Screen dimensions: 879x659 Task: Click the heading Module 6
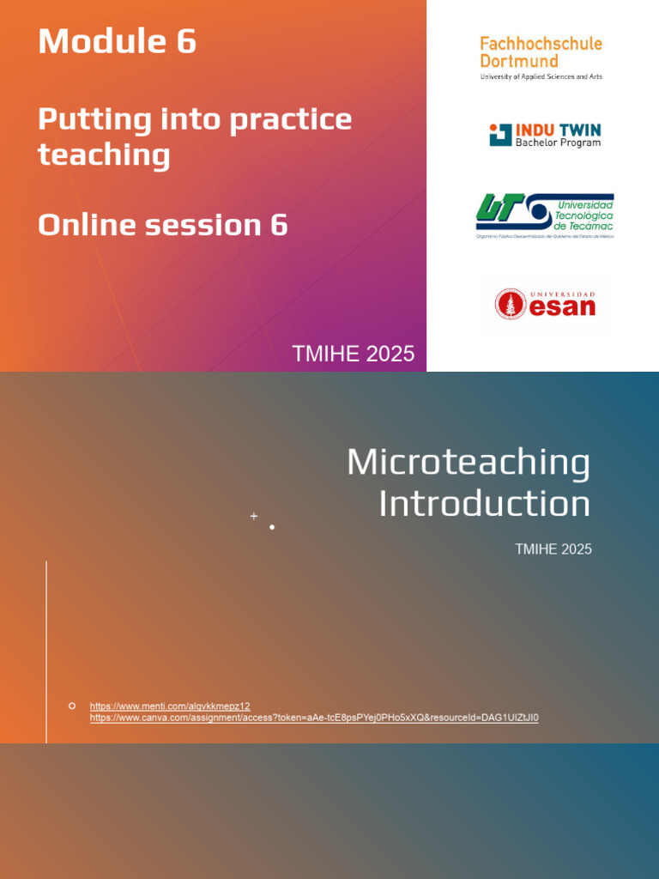117,41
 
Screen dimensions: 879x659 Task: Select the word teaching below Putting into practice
104,155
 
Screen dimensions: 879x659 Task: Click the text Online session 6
162,225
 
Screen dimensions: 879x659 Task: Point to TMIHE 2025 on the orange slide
353,354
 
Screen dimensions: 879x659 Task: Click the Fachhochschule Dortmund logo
541,58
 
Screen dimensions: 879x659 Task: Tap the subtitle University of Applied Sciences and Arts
541,77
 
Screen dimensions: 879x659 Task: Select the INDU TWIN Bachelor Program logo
545,135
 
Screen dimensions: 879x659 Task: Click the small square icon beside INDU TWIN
499,135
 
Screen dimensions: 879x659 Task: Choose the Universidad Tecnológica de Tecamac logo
545,215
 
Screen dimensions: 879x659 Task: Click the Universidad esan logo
545,303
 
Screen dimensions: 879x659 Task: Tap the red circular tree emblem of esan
511,304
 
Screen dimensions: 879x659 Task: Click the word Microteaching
469,463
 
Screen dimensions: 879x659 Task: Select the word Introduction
484,503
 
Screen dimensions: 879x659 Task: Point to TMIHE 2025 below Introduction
553,549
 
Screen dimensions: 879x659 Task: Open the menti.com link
170,706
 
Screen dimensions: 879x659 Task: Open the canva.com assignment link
314,718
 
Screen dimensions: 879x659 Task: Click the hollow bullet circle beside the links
72,706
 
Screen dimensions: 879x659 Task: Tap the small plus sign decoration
254,516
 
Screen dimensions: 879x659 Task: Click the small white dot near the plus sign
272,527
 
